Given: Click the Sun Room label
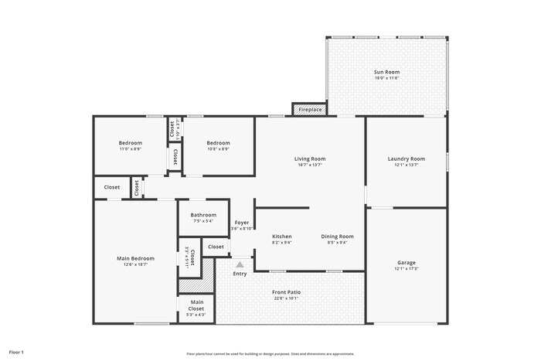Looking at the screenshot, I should (x=386, y=72).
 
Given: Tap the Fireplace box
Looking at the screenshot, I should (x=309, y=110).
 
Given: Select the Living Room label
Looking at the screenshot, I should (x=310, y=158).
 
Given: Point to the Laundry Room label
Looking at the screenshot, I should (x=406, y=158).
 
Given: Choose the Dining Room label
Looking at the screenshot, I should (x=337, y=236).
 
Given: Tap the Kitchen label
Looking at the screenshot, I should (x=281, y=236).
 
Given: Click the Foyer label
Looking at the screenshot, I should (x=242, y=223).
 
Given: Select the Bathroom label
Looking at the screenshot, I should (x=203, y=215).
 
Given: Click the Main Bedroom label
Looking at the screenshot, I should (x=135, y=258).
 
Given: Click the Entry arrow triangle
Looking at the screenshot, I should (x=240, y=264).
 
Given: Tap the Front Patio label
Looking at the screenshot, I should (x=287, y=292).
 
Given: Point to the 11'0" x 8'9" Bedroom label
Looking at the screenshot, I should (x=130, y=143).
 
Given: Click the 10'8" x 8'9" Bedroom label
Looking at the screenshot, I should (x=218, y=143).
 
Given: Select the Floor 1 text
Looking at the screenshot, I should (x=16, y=352).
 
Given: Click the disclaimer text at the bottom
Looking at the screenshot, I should (x=270, y=353).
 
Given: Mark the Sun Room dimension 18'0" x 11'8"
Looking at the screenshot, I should (x=386, y=78).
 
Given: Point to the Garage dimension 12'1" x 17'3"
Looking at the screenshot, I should (x=406, y=268).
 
